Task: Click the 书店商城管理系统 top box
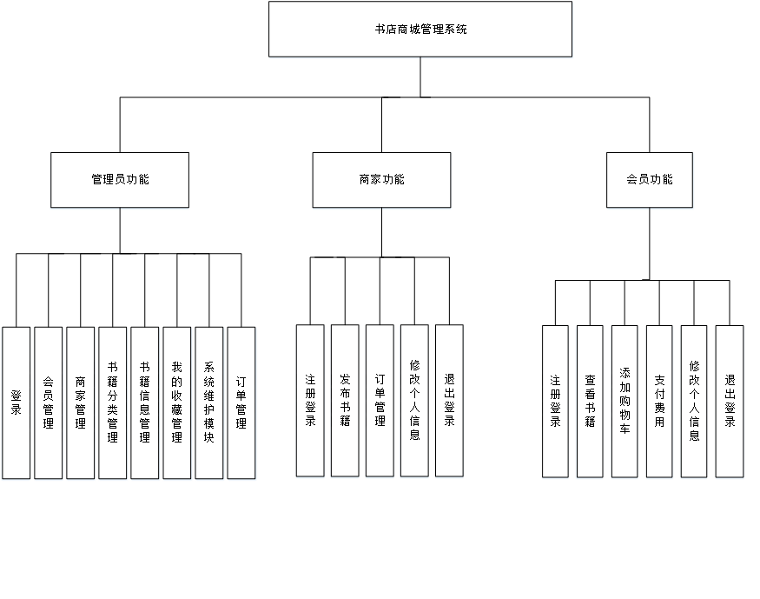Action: (x=420, y=30)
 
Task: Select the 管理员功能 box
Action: (x=120, y=180)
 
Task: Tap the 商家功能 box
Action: (x=381, y=180)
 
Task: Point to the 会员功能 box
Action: (x=650, y=180)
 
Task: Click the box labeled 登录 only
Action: (x=16, y=403)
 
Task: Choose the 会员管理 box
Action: (x=48, y=403)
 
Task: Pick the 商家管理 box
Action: (x=80, y=403)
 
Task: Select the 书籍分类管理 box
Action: (x=113, y=403)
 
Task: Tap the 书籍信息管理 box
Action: (x=145, y=403)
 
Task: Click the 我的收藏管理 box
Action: (x=177, y=403)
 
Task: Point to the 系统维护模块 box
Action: (x=209, y=403)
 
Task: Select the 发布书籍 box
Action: (x=345, y=401)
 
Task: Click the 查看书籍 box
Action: (x=590, y=401)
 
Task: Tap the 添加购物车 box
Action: (x=625, y=401)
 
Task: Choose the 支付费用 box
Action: (x=659, y=401)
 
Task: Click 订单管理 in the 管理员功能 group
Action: (x=241, y=403)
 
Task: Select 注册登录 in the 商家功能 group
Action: (x=310, y=401)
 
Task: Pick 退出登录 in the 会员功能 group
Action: (x=730, y=401)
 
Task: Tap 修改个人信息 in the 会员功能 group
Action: (x=694, y=401)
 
